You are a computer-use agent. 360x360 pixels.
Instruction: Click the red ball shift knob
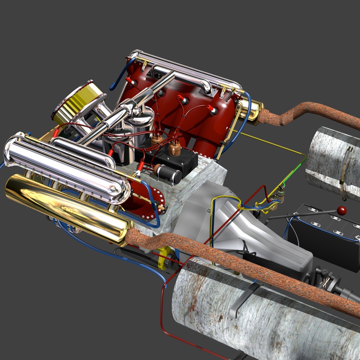tap(341, 211)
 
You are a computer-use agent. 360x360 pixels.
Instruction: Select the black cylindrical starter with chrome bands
tap(168, 173)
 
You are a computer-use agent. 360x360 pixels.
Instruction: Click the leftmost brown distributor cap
tap(157, 140)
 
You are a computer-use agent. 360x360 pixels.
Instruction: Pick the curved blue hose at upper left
tap(120, 75)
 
